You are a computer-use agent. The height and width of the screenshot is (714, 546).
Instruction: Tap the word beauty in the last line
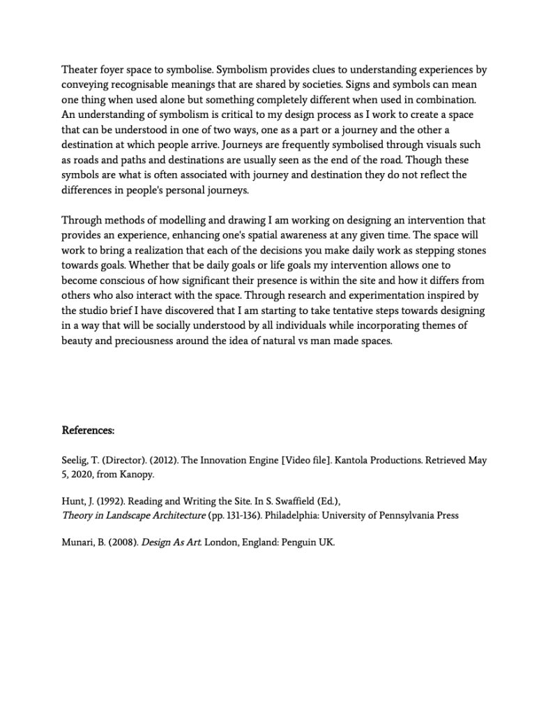77,341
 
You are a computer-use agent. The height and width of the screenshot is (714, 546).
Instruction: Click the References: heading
88,431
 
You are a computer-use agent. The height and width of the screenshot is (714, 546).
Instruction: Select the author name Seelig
76,461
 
